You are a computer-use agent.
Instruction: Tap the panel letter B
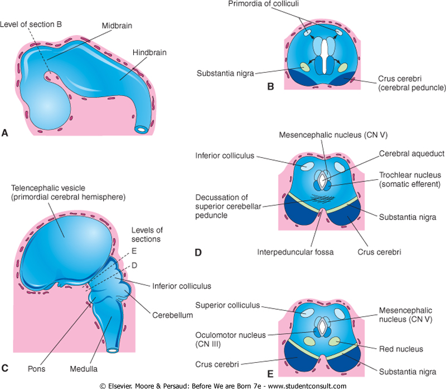tap(271, 87)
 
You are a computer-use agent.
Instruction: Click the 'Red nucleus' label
tap(400, 349)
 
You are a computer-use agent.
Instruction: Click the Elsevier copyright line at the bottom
tap(223, 385)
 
